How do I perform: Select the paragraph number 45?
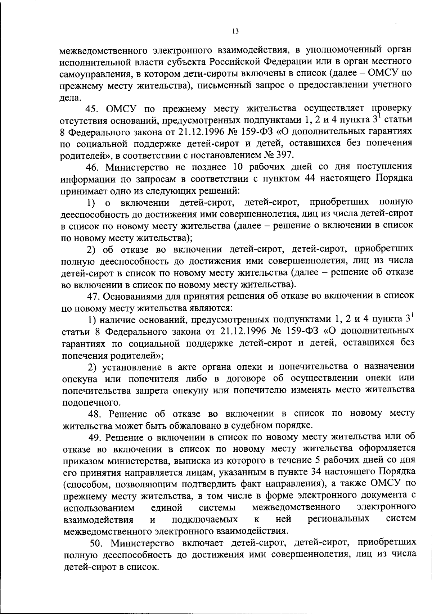coord(93,108)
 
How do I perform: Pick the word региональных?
coord(338,519)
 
